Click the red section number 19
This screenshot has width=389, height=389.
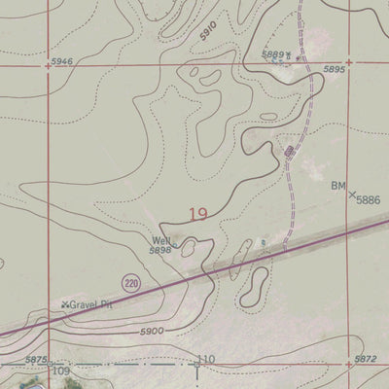[198, 214]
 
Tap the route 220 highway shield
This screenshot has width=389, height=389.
[130, 282]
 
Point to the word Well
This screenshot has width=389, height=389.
[160, 240]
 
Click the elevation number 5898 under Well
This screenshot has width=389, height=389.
[160, 251]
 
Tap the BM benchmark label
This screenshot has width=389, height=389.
[338, 185]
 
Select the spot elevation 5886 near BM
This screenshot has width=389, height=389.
[369, 199]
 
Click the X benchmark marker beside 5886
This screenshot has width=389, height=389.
[351, 194]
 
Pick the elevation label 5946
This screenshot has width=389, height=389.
[61, 62]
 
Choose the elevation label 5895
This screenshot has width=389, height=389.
[335, 70]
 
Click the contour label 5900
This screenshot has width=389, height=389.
[150, 331]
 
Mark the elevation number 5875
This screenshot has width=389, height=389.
[37, 361]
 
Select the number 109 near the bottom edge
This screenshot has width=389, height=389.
[60, 371]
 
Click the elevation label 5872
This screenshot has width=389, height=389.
[365, 360]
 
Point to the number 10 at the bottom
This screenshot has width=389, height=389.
[207, 360]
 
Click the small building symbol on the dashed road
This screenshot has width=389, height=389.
[290, 151]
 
